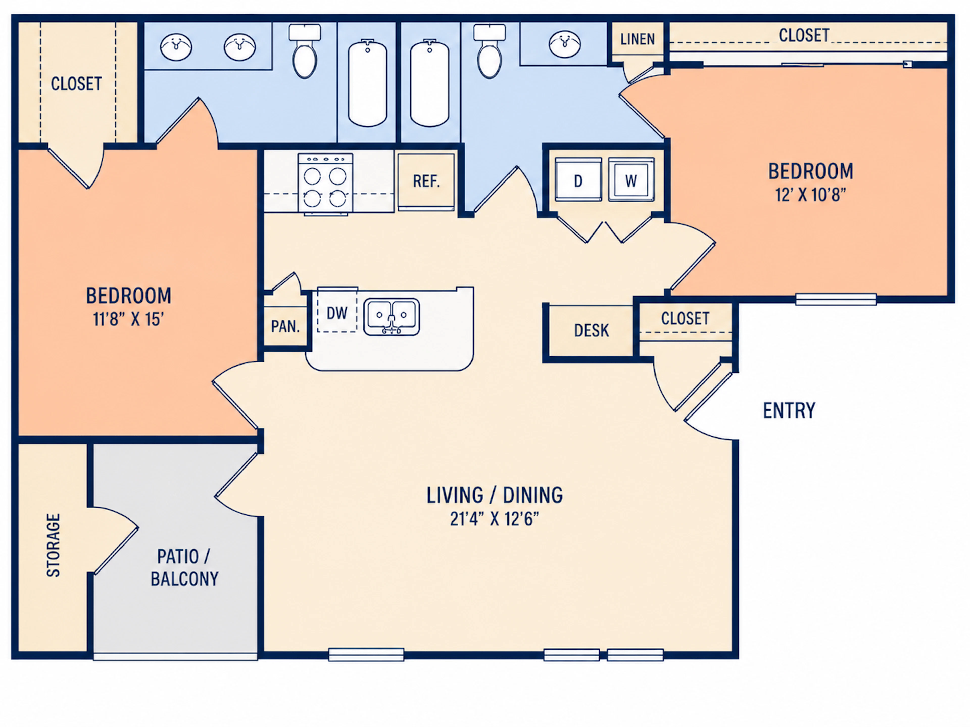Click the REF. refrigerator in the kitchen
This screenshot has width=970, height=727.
tap(426, 181)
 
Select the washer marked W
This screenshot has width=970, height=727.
tap(631, 180)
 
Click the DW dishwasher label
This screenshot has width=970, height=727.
tap(337, 313)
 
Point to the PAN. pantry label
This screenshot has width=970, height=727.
tap(285, 326)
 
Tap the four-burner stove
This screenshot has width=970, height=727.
tap(325, 184)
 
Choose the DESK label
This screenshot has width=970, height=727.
tap(591, 330)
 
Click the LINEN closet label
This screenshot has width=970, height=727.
tap(637, 39)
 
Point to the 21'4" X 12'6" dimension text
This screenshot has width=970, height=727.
tap(494, 519)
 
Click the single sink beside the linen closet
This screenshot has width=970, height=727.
tap(565, 44)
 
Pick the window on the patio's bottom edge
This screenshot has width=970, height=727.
tap(175, 656)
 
